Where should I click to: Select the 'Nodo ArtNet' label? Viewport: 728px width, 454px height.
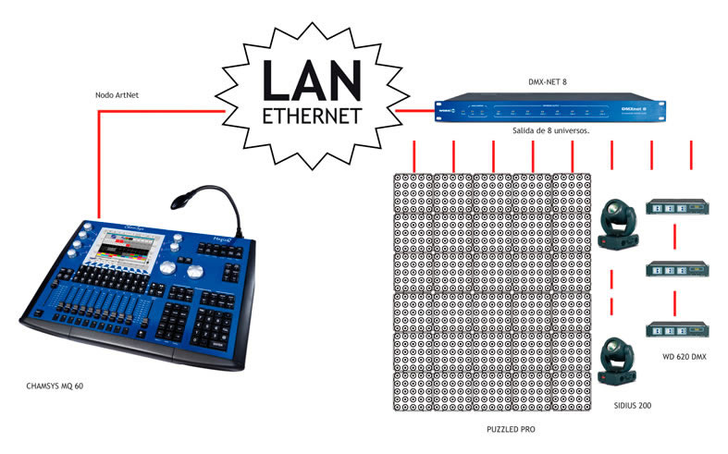(117, 95)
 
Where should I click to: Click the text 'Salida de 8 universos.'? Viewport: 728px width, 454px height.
(550, 131)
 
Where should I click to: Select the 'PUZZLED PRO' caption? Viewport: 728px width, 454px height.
(510, 430)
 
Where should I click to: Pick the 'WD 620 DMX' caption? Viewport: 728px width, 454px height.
(687, 357)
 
